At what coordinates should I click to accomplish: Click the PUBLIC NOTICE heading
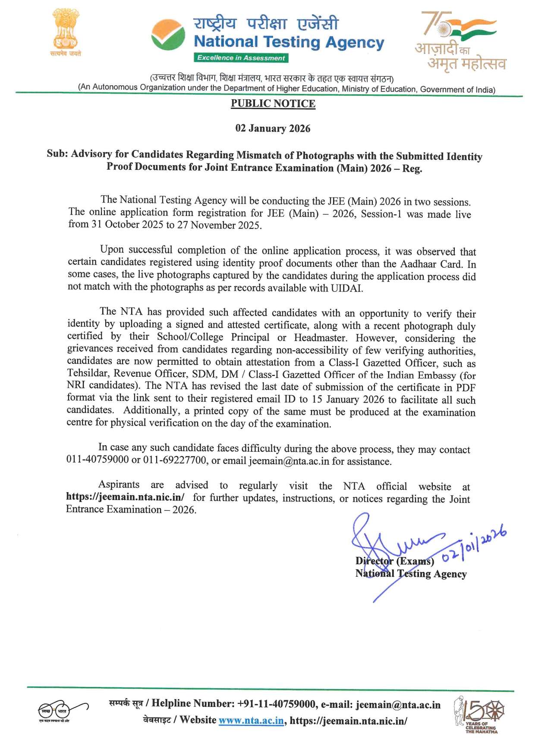tap(273, 103)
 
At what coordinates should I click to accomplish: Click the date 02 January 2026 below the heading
tap(273, 128)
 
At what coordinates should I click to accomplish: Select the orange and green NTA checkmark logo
tap(168, 35)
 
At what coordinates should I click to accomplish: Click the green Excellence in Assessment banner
tap(241, 58)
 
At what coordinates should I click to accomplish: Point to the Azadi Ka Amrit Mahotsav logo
tap(460, 41)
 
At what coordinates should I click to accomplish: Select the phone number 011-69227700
tap(175, 460)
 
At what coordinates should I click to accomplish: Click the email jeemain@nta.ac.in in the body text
tap(289, 461)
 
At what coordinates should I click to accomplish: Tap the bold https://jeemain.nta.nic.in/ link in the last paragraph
tap(125, 497)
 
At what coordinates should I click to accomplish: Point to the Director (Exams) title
tap(394, 561)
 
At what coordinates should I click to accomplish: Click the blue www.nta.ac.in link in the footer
tap(251, 721)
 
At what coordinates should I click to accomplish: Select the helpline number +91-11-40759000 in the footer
tap(277, 704)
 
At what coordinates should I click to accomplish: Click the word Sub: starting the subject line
tap(57, 154)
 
